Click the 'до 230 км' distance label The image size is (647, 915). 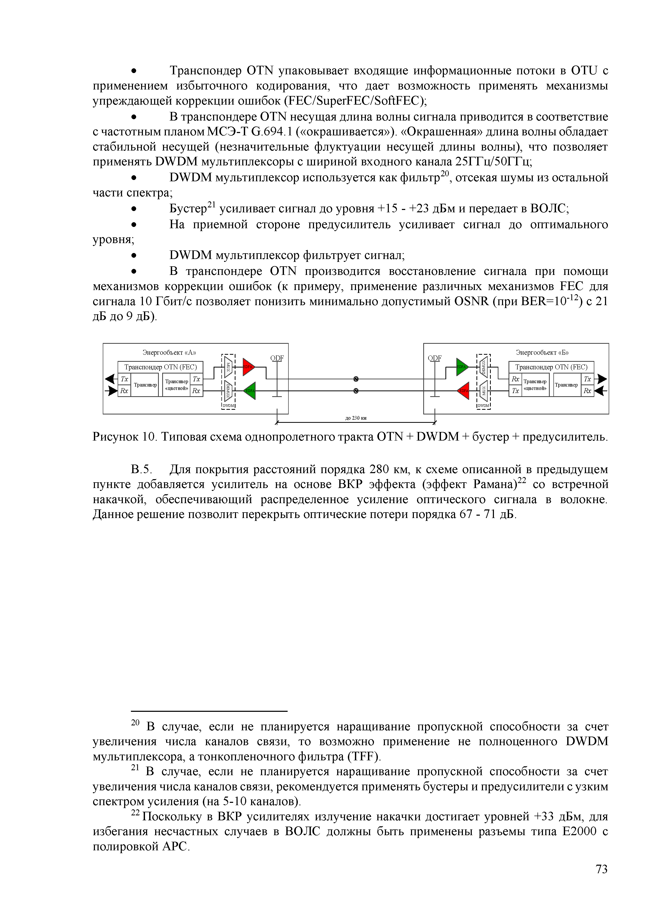coord(355,418)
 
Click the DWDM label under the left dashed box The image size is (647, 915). coord(228,406)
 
